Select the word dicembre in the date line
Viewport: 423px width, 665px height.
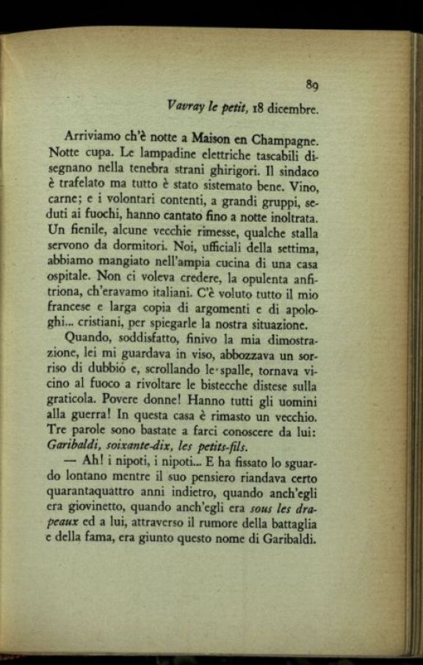click(x=292, y=110)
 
